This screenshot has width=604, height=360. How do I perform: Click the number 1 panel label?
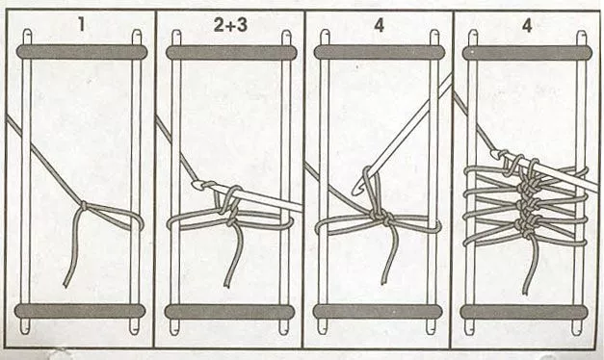[81, 25]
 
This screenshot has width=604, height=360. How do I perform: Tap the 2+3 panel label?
[230, 25]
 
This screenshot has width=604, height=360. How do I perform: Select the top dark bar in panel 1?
[81, 52]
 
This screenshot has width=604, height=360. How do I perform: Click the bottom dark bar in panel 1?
[80, 311]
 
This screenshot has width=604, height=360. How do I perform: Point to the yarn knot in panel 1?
[84, 206]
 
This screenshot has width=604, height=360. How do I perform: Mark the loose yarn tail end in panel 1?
[66, 285]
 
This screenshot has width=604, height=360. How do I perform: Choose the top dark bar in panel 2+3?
[231, 52]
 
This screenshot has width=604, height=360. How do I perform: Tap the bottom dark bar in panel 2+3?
[229, 312]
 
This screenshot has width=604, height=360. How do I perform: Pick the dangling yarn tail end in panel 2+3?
[227, 285]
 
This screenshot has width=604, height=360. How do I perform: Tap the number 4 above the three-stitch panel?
[527, 25]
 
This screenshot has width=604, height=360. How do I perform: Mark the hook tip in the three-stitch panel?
[495, 154]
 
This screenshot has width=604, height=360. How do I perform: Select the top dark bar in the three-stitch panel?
[527, 52]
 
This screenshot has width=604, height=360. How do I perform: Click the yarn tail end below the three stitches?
[525, 292]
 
